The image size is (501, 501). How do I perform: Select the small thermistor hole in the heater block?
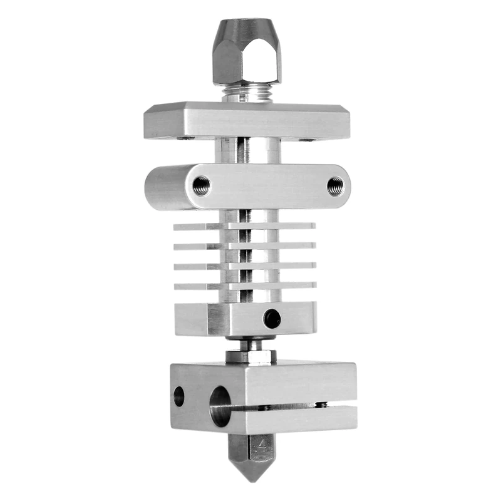(179, 396)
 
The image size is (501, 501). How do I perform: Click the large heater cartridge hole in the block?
(220, 406)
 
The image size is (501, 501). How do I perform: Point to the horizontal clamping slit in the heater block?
(294, 407)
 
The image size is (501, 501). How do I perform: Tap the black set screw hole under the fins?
(272, 318)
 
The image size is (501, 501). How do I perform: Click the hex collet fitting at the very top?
(247, 53)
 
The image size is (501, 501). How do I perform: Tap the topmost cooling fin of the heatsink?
(244, 225)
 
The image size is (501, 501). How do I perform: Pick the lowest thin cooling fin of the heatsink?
(244, 286)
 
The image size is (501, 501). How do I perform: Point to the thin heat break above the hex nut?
(250, 343)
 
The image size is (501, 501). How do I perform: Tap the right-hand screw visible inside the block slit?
(322, 405)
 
